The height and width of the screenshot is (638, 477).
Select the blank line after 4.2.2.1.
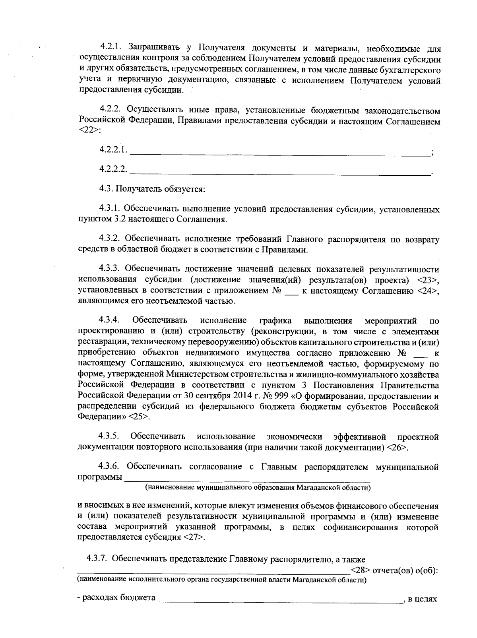pyautogui.click(x=280, y=153)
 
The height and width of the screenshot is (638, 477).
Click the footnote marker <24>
pyautogui.click(x=428, y=291)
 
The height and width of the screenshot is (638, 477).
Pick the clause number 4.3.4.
pyautogui.click(x=110, y=320)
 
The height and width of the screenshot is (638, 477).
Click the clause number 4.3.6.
pyautogui.click(x=109, y=467)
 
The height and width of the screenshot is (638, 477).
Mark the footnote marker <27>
pyautogui.click(x=195, y=537)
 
